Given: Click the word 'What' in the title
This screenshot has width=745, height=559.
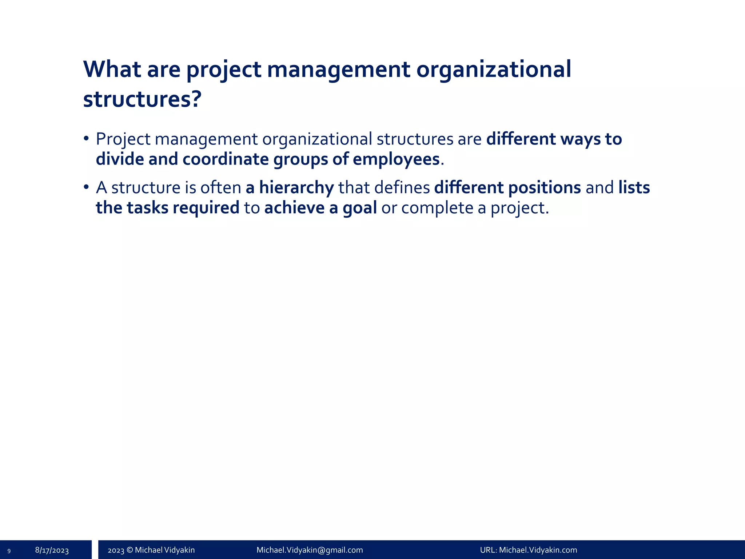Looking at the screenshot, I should [x=112, y=69].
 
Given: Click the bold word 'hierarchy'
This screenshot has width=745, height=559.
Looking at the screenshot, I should [x=296, y=188].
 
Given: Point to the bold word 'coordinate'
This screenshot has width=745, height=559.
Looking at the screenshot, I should [x=225, y=159].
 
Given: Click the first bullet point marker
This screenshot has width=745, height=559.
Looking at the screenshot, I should [x=86, y=139].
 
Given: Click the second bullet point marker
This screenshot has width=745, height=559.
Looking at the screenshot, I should [x=86, y=187].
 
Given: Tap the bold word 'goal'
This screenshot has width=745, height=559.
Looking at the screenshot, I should [x=359, y=208].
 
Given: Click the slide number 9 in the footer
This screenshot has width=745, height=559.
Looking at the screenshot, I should [x=9, y=551].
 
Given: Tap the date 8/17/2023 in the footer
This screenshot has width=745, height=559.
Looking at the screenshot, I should [x=52, y=550].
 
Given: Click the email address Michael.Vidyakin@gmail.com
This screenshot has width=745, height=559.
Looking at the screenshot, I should [x=310, y=550].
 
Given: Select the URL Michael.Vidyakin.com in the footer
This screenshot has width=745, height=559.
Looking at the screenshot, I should [x=538, y=550].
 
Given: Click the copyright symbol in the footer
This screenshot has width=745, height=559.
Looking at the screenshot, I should [x=130, y=550].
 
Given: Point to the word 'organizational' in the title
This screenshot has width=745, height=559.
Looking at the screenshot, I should [x=493, y=69].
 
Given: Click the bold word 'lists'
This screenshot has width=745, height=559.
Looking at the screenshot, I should [x=634, y=188].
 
